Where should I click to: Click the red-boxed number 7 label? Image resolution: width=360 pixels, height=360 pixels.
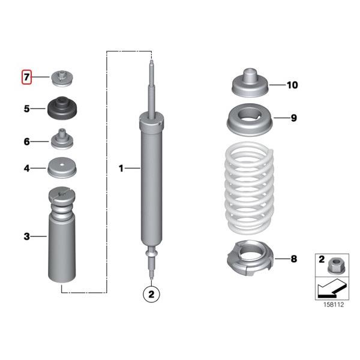[26, 77]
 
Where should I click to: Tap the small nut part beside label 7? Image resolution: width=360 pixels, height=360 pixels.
[62, 77]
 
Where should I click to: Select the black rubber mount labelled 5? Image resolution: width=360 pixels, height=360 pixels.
[62, 108]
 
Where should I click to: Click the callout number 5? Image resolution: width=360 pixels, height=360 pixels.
[26, 109]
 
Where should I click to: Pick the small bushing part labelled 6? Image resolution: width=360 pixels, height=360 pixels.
[62, 141]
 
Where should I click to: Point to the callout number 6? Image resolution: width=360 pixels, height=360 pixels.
[26, 142]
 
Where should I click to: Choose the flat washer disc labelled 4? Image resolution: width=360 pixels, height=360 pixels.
[62, 167]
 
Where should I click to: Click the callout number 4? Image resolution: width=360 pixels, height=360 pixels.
[26, 169]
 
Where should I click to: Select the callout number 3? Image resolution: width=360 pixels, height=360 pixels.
[26, 237]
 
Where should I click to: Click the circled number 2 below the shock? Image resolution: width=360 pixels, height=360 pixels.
[151, 294]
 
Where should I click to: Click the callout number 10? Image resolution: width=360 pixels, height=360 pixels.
[292, 85]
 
